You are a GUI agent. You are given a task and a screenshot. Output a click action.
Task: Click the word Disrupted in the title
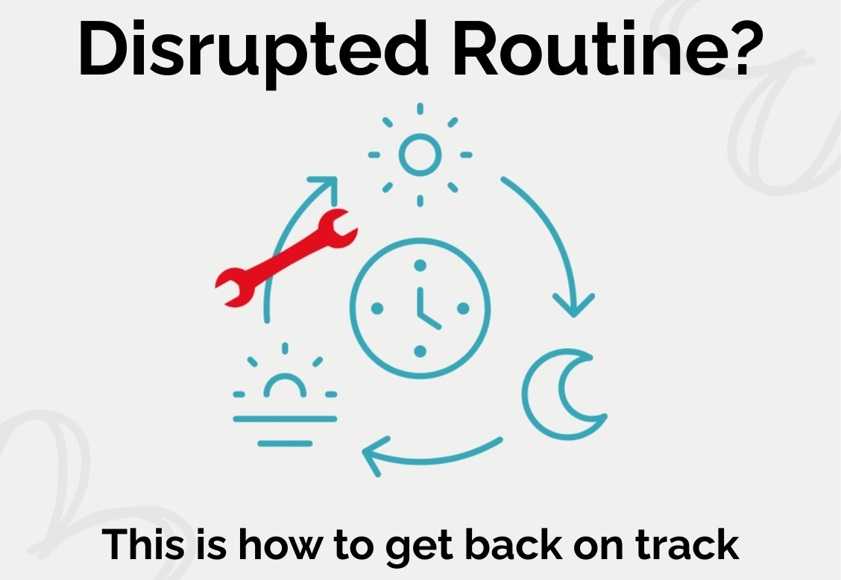click(253, 52)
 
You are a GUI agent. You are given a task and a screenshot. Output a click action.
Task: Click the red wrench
click(286, 258)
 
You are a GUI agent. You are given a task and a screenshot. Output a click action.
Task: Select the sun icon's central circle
click(420, 154)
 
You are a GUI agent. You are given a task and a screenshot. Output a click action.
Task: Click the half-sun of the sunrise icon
click(285, 385)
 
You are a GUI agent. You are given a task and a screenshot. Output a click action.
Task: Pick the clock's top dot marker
click(420, 265)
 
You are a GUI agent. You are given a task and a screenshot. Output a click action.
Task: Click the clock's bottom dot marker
click(420, 351)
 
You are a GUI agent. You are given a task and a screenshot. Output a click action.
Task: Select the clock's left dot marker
click(377, 309)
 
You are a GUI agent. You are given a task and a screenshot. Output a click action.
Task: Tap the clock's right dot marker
click(464, 309)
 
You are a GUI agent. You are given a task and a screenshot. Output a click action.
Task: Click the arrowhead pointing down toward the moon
click(574, 306)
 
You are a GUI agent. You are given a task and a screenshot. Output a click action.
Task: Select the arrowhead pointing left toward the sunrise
click(373, 456)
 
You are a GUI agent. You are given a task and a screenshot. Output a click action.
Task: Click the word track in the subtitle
click(687, 544)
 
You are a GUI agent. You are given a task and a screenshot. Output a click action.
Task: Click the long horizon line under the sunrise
click(285, 419)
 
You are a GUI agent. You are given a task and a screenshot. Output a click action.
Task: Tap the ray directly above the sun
click(420, 109)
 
